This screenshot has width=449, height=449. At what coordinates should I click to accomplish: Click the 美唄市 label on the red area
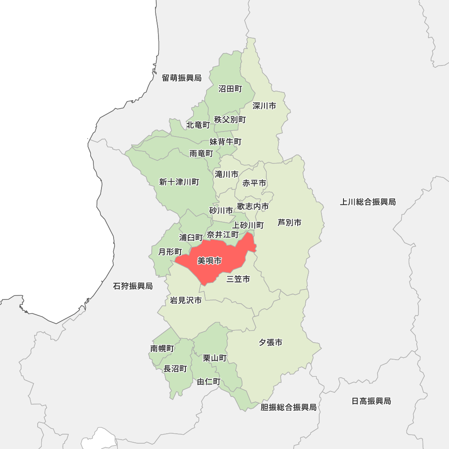[x=209, y=261]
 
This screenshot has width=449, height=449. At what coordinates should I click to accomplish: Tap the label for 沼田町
[x=230, y=89]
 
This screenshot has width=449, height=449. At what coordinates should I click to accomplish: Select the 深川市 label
[x=264, y=106]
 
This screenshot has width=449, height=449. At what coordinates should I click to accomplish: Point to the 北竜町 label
[x=198, y=125]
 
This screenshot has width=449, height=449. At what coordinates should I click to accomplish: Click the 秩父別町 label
[x=230, y=119]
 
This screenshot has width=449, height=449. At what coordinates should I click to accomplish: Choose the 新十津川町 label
[x=179, y=182]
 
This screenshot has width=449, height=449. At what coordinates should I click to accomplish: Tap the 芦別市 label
[x=289, y=222]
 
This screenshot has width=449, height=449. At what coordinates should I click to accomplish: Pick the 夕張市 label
[x=270, y=343]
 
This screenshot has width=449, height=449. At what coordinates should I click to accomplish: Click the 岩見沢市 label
[x=185, y=300]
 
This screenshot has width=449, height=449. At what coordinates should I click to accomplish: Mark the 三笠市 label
[x=238, y=279]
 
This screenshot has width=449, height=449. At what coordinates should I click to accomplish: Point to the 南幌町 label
[x=162, y=348]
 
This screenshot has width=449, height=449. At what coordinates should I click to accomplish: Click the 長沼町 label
[x=175, y=369]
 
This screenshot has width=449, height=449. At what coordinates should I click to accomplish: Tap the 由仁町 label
[x=209, y=382]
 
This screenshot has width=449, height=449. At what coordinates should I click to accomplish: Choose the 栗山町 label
[x=215, y=358]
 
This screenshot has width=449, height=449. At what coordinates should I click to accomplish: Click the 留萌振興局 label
[x=182, y=78]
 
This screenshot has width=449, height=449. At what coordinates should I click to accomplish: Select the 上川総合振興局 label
[x=368, y=202]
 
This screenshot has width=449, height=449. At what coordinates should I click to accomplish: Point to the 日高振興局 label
[x=371, y=401]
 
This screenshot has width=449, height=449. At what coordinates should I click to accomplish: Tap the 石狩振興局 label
[x=133, y=286]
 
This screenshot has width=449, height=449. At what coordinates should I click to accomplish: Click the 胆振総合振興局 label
[x=289, y=407]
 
